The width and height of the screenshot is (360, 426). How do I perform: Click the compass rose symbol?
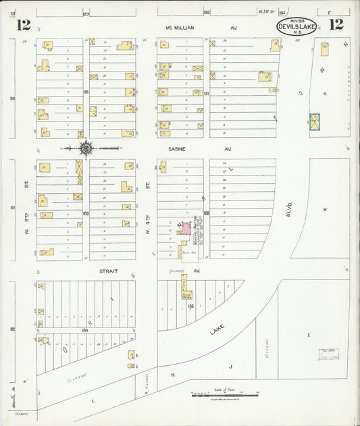coord(86,148)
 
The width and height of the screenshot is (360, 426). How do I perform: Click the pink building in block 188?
coord(184,229)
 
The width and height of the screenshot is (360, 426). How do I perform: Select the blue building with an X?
coord(314,122)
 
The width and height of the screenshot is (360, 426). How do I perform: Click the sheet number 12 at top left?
coord(24,25)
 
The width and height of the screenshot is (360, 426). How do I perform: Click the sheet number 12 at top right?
coord(336,25)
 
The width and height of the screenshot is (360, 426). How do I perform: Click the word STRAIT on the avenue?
coord(109,271)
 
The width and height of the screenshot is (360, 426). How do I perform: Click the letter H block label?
coord(325,210)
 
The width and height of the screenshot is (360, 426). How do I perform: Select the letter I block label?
coord(309,335)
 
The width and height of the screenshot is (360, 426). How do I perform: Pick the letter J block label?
coord(230,367)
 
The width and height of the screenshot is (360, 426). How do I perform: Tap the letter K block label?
coord(173,373)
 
